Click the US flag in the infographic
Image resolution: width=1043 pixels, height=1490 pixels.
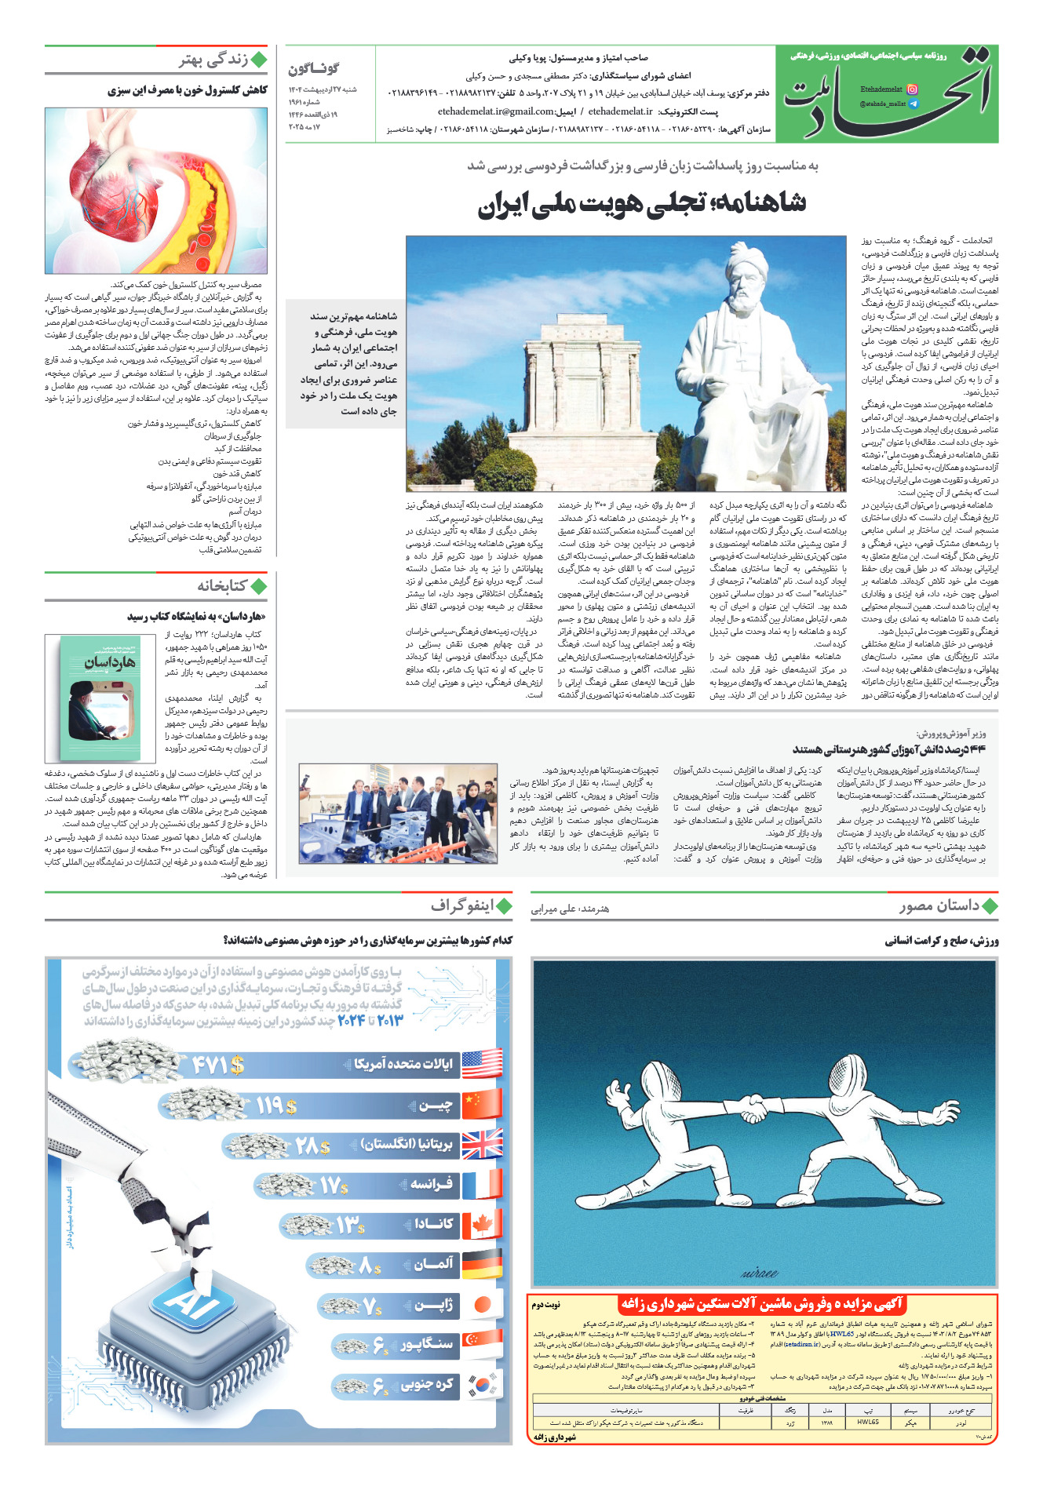[482, 1063]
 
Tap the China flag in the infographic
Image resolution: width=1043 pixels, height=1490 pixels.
[482, 1105]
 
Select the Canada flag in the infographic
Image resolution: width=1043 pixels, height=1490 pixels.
[482, 1225]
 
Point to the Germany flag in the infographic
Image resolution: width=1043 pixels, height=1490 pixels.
[482, 1265]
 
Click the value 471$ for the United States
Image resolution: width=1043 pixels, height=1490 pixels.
[218, 1065]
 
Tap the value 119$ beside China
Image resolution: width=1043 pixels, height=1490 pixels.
[276, 1106]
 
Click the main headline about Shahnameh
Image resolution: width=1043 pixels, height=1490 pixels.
[642, 204]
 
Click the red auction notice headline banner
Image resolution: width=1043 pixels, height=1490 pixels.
[762, 1303]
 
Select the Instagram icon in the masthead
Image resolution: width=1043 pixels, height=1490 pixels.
[911, 89]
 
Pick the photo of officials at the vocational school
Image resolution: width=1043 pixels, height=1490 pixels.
[398, 814]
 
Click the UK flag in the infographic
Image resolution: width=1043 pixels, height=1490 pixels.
[482, 1145]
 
